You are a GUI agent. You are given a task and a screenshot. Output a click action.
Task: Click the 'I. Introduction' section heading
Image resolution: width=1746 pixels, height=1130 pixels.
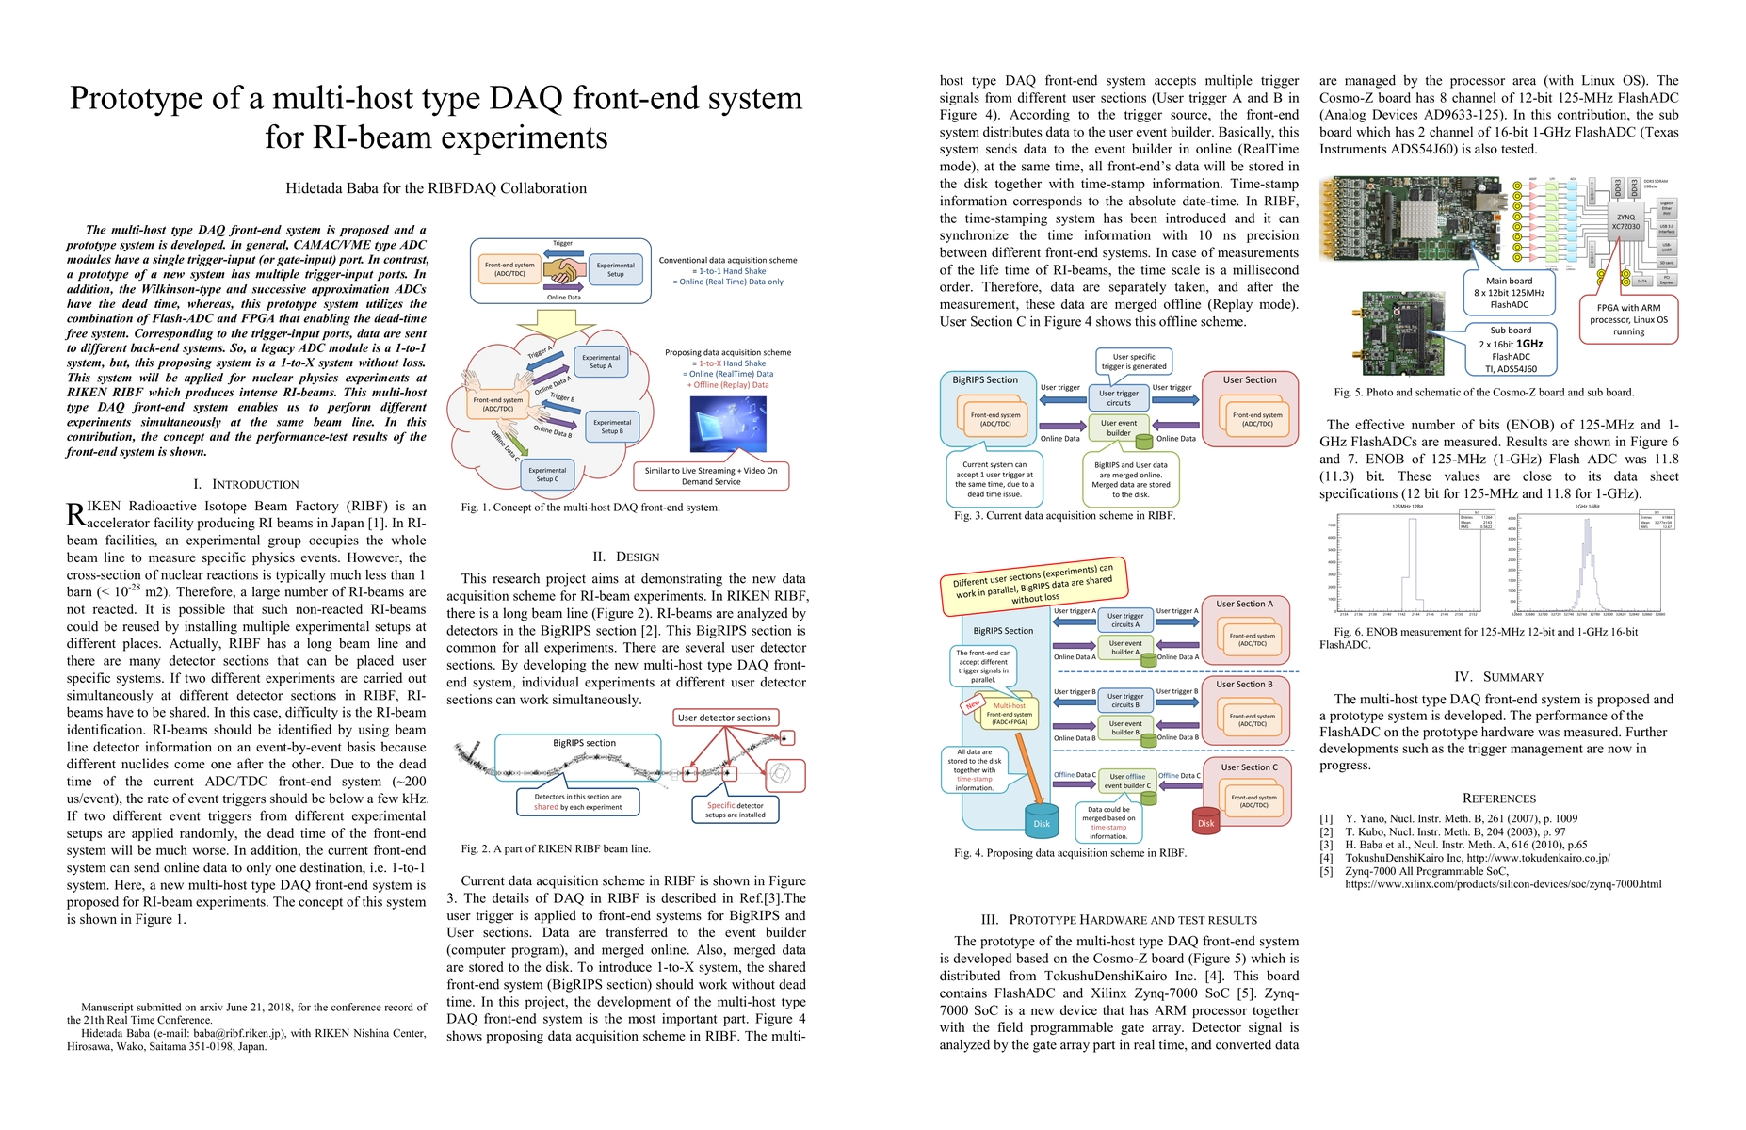[246, 484]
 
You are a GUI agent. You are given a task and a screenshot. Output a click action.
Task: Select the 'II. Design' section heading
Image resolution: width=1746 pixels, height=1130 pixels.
[625, 557]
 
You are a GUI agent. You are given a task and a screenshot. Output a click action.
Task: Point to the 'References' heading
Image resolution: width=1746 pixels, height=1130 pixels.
[1498, 799]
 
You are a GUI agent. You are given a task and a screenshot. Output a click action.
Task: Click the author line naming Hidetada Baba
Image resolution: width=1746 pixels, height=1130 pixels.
[436, 188]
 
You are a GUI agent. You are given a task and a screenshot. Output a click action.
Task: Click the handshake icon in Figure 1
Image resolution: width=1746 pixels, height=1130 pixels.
[563, 271]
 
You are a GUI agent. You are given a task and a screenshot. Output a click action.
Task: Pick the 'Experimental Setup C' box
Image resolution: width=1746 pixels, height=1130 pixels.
[547, 475]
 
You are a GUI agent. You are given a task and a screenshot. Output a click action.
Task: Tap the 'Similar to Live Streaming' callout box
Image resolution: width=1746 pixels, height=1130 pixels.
[711, 476]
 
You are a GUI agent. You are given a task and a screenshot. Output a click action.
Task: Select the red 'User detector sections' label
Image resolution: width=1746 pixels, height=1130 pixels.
[724, 718]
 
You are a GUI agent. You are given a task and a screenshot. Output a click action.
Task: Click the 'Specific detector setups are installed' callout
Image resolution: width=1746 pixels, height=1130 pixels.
[735, 810]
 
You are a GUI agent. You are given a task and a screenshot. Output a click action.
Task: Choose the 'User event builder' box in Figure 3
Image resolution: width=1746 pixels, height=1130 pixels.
[1119, 428]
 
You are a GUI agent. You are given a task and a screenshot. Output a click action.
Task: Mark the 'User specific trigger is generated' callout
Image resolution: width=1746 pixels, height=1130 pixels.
[1133, 362]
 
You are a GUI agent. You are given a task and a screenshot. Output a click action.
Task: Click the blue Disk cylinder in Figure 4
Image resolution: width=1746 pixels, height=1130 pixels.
[1041, 818]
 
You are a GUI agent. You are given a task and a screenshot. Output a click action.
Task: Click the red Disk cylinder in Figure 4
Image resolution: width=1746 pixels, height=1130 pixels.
[1205, 818]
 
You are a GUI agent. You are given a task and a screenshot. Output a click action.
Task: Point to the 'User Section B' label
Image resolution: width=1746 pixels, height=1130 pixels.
[1243, 685]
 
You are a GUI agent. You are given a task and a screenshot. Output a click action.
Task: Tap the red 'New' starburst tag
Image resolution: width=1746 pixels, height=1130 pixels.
[973, 703]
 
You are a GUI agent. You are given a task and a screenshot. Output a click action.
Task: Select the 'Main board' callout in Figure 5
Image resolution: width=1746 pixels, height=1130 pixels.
[1509, 293]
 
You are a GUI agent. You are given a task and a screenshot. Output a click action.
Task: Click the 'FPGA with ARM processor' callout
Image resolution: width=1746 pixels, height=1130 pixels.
[1628, 319]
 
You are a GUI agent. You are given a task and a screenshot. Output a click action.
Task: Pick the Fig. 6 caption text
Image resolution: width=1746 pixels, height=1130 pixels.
[1485, 638]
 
